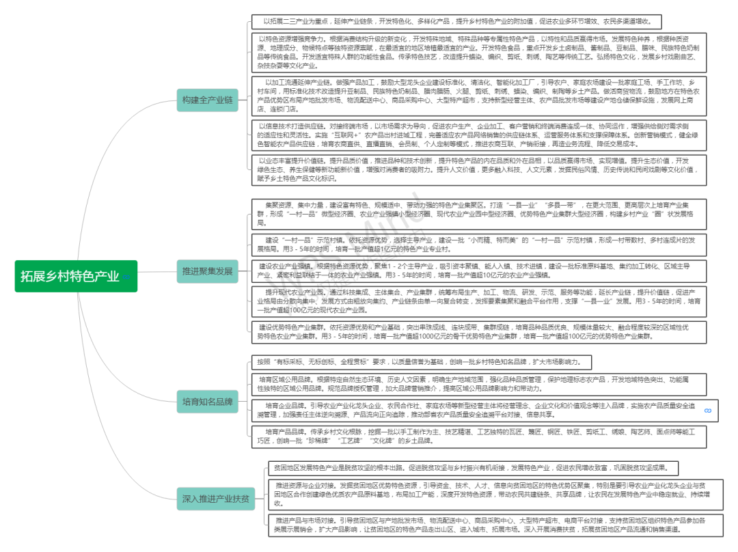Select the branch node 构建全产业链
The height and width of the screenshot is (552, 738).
207,100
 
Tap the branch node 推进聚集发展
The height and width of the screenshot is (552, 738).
207,271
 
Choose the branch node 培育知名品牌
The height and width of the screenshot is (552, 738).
207,401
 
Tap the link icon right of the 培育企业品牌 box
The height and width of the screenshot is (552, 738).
708,410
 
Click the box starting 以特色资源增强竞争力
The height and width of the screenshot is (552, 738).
476,53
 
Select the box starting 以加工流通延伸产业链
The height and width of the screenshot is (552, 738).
476,95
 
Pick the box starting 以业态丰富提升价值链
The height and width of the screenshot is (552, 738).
476,170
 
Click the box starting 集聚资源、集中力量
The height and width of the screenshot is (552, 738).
476,214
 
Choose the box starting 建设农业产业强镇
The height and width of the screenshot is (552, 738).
476,270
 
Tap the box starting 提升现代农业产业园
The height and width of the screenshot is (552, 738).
476,301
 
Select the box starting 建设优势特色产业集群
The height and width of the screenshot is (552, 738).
476,332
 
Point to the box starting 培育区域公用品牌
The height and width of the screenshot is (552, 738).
476,383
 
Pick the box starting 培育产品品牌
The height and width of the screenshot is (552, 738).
476,436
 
